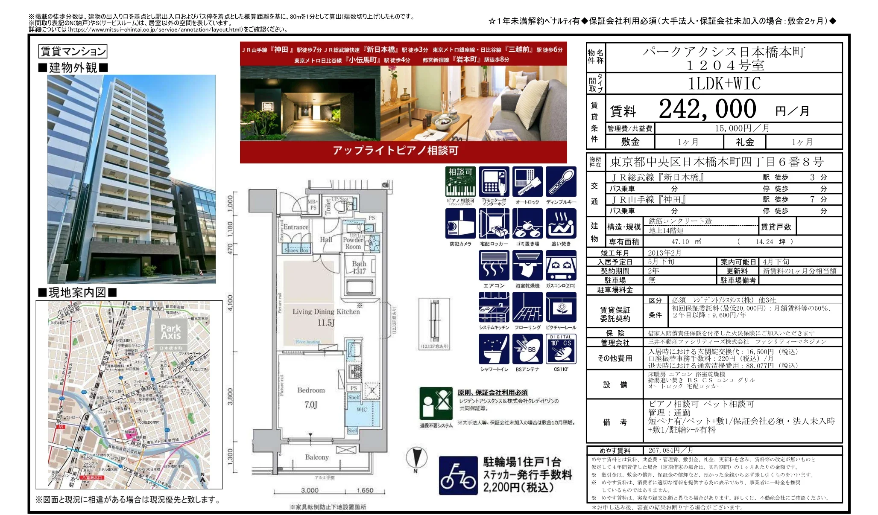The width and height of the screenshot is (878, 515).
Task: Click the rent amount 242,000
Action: pyautogui.click(x=707, y=109)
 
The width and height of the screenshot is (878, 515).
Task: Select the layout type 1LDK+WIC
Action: pyautogui.click(x=724, y=83)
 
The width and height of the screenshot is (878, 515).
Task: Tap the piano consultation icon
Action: pyautogui.click(x=460, y=182)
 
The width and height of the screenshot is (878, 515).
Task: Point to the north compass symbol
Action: pyautogui.click(x=416, y=459)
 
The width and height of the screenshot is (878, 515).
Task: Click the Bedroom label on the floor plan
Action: pyautogui.click(x=311, y=390)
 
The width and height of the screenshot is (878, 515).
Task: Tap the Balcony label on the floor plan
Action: pyautogui.click(x=317, y=457)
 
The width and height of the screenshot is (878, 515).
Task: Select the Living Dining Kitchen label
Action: pyautogui.click(x=326, y=311)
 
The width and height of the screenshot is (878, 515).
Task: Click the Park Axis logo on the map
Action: pyautogui.click(x=171, y=332)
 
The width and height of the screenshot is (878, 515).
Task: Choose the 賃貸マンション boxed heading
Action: pyautogui.click(x=73, y=52)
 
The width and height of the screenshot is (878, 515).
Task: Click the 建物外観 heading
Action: pyautogui.click(x=73, y=67)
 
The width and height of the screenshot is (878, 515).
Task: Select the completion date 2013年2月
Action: pyautogui.click(x=664, y=253)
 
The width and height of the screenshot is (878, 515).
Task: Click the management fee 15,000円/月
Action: pyautogui.click(x=742, y=128)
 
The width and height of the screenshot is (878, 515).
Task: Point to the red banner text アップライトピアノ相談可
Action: pyautogui.click(x=395, y=151)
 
